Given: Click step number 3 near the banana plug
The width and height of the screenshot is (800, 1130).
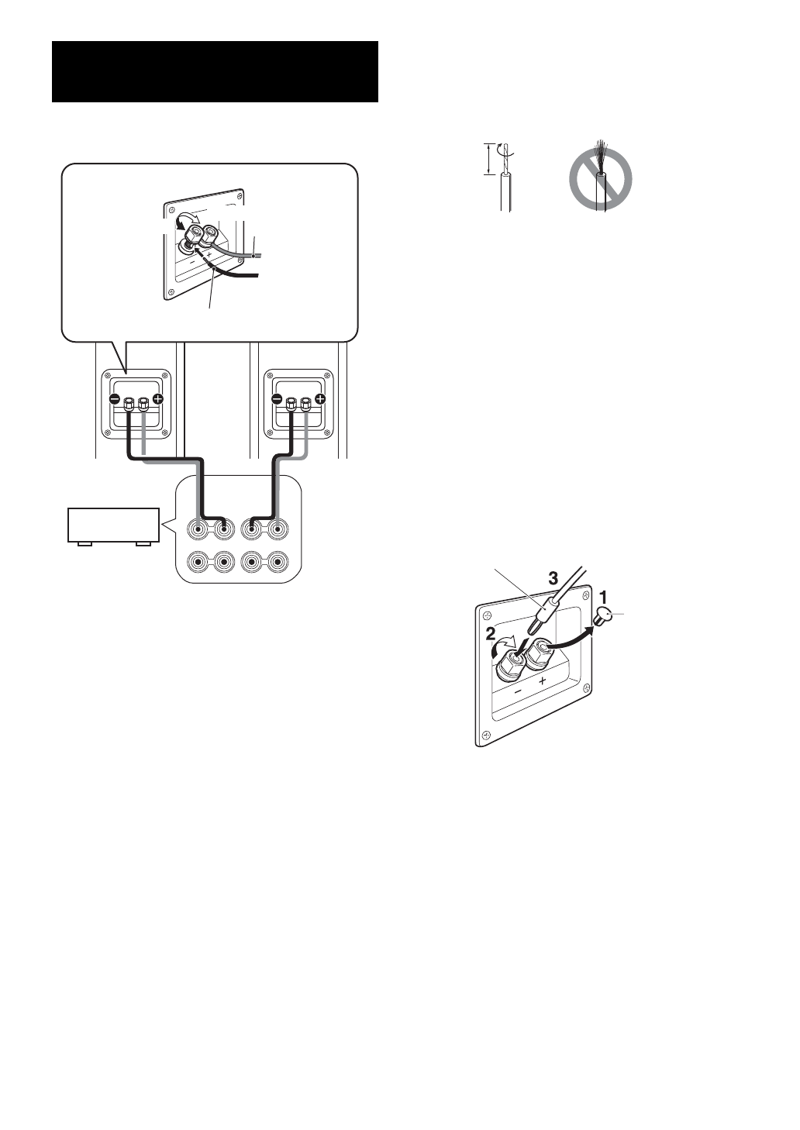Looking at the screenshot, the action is (553, 577).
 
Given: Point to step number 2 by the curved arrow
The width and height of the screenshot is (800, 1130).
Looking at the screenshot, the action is (491, 633).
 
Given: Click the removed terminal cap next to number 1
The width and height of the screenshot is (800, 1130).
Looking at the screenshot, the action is (604, 618).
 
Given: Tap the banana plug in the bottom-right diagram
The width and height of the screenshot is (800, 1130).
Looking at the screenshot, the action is (543, 621).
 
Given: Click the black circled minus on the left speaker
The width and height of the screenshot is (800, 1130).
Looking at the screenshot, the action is (114, 399).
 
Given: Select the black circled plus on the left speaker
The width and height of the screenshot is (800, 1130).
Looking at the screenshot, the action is (158, 399).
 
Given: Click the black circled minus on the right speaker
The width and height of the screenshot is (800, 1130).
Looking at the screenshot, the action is (276, 399).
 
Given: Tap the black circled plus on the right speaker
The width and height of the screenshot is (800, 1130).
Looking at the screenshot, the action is (320, 399).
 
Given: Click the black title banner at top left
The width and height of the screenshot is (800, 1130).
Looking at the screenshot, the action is (215, 71).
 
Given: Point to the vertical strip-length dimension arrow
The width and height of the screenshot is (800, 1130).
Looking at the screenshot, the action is (488, 158).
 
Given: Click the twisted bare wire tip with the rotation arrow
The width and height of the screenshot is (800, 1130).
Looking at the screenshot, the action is (505, 159).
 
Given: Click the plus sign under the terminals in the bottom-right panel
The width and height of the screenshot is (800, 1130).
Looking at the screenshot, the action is (543, 680).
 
